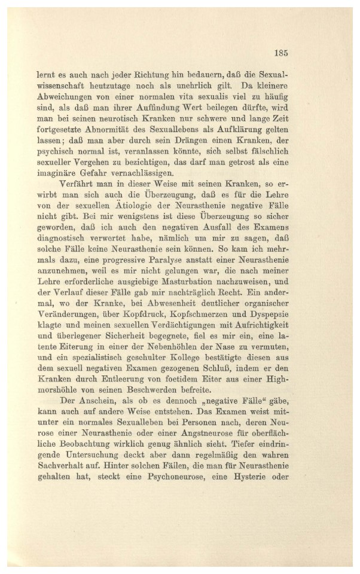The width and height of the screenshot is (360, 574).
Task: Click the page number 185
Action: coord(282,53)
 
